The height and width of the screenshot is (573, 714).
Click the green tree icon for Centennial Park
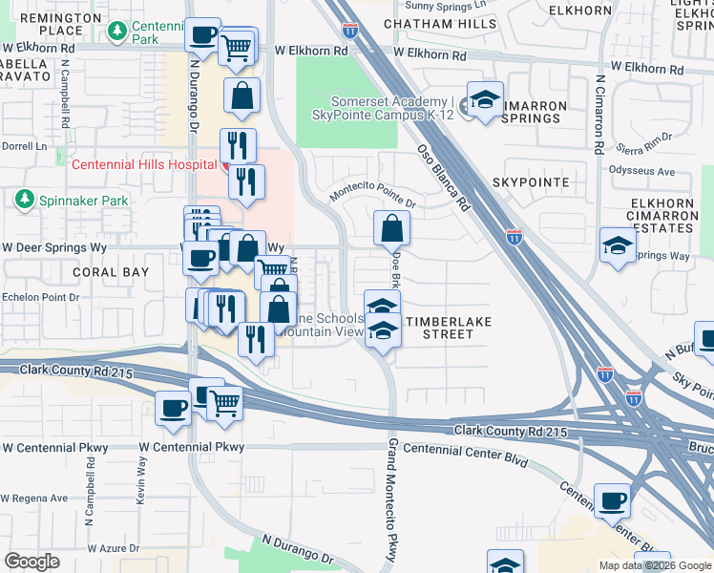[117, 32]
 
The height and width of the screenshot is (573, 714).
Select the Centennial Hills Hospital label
[145, 164]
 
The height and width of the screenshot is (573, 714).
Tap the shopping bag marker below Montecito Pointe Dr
[391, 229]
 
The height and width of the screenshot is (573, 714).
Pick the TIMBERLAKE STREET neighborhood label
[449, 328]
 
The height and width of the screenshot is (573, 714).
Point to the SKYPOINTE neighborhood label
[531, 181]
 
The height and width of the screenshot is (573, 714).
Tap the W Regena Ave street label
[34, 498]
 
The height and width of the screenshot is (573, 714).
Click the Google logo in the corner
[32, 562]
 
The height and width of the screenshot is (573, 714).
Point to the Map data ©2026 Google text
[654, 565]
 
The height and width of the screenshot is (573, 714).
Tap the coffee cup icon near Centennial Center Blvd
[612, 500]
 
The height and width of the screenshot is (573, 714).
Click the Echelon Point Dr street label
[39, 297]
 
